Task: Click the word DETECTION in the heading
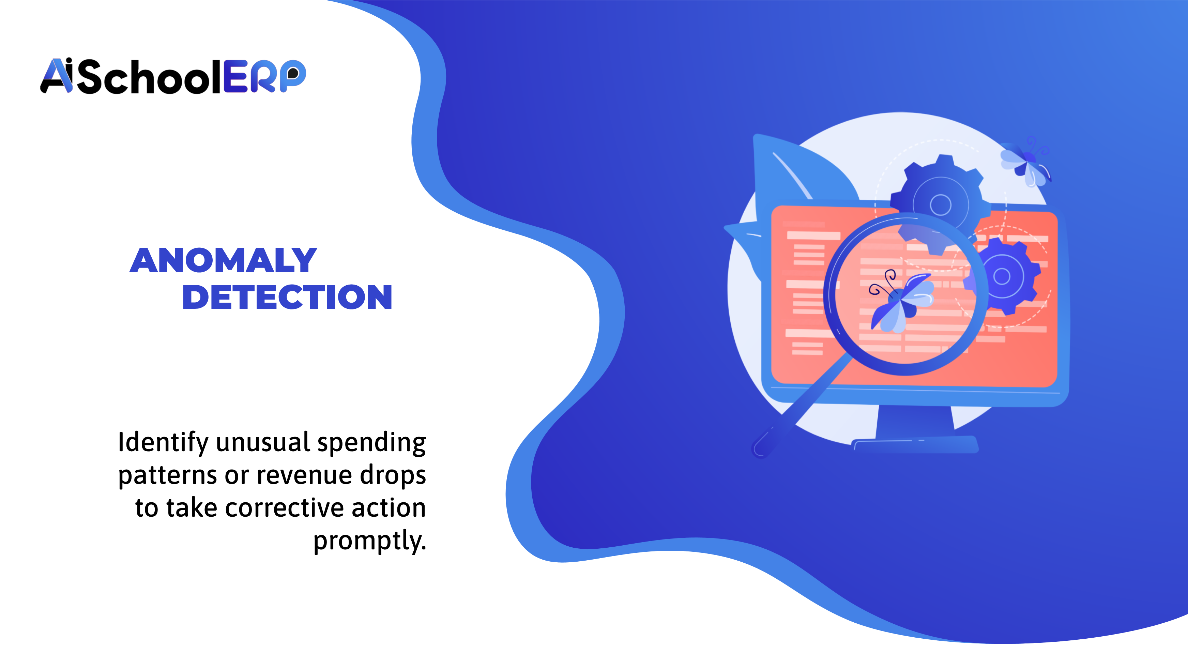pyautogui.click(x=287, y=298)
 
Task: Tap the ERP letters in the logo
pyautogui.click(x=264, y=77)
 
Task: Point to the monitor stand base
pyautogui.click(x=915, y=444)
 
